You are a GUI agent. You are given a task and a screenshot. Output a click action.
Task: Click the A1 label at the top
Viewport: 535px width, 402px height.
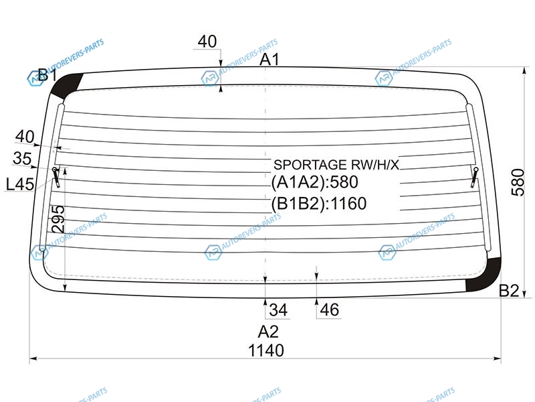(270, 60)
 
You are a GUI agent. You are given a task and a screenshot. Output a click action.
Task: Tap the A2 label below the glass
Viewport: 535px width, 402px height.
(268, 332)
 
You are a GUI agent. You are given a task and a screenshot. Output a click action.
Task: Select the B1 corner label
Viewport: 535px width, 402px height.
(47, 75)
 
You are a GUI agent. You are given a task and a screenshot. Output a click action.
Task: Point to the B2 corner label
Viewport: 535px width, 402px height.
(509, 291)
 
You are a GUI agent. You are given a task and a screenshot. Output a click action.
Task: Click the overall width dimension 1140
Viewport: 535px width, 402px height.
(265, 350)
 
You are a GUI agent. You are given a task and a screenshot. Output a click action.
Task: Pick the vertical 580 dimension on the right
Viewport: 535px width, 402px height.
(518, 182)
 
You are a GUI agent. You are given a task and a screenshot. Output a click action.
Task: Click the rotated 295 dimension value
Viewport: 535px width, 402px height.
(58, 219)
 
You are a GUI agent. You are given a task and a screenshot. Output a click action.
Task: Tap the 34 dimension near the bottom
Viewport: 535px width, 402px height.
(278, 310)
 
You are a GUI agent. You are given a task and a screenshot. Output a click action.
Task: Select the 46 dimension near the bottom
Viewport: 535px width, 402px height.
(329, 310)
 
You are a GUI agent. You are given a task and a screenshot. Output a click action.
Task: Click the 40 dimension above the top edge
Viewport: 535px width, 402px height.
(207, 42)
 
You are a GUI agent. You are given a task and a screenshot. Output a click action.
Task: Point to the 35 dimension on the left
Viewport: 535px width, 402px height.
(22, 158)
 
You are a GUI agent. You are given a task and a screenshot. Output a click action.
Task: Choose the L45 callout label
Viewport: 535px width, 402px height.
(20, 185)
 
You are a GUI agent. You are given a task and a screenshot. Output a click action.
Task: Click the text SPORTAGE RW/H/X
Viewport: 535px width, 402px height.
(336, 165)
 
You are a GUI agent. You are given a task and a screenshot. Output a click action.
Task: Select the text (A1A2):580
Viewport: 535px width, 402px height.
(314, 182)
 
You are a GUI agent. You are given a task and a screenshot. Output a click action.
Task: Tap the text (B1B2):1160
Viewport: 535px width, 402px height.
(319, 204)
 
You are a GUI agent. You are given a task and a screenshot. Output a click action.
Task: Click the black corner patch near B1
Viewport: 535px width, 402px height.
(67, 85)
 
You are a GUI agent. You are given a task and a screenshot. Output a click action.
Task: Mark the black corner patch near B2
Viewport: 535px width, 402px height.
(484, 275)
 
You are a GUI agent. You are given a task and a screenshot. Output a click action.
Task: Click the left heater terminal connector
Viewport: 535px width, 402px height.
(56, 177)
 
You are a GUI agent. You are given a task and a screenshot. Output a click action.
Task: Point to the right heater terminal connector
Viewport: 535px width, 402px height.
(475, 177)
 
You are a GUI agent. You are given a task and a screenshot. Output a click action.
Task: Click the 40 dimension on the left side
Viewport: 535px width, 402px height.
(25, 137)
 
